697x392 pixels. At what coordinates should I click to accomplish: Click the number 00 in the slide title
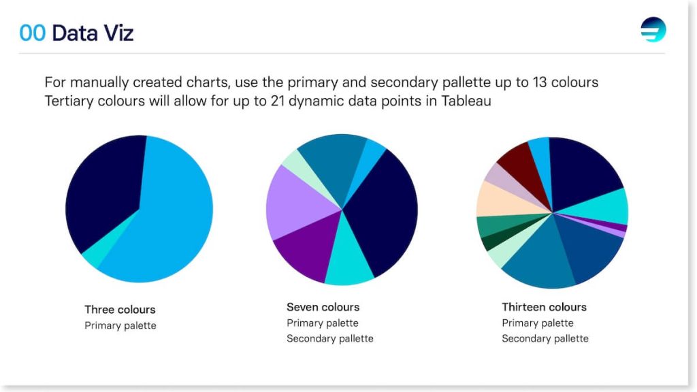click(33, 33)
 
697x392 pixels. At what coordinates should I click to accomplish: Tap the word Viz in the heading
click(118, 33)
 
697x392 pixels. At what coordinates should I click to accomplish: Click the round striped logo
click(653, 30)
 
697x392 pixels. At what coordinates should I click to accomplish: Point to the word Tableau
click(466, 101)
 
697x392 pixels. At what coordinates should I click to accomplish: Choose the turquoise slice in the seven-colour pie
click(349, 262)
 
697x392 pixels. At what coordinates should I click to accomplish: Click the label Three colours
click(120, 310)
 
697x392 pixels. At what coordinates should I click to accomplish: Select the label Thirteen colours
click(544, 307)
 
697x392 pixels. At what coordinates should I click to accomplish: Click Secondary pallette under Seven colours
click(330, 339)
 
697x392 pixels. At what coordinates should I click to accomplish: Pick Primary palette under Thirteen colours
click(538, 323)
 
